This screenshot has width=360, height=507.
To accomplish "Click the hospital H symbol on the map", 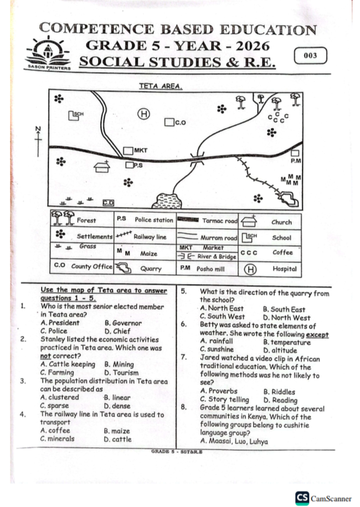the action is pyautogui.click(x=143, y=114).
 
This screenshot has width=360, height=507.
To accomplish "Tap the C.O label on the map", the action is pyautogui.click(x=181, y=122).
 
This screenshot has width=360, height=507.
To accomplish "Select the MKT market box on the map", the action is pyautogui.click(x=128, y=151).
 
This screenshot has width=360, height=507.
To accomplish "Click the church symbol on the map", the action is pyautogui.click(x=102, y=167).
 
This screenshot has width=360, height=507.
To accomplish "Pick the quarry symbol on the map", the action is pyautogui.click(x=289, y=199).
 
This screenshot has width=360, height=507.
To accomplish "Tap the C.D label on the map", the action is pyautogui.click(x=109, y=203).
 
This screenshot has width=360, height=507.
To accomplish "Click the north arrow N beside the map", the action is pyautogui.click(x=38, y=141).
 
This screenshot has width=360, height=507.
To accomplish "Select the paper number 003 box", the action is pyautogui.click(x=311, y=55).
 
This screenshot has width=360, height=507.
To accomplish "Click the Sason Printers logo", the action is pyautogui.click(x=49, y=53).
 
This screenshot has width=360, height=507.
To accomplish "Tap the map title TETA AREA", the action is pyautogui.click(x=161, y=86).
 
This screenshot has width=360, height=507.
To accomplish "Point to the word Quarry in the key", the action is pyautogui.click(x=151, y=268).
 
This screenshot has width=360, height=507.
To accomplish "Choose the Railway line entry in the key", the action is pyautogui.click(x=150, y=237).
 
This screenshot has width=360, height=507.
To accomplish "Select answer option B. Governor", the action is pyautogui.click(x=124, y=323).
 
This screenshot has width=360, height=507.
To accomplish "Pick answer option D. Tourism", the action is pyautogui.click(x=121, y=373).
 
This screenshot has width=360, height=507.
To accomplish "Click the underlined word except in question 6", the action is pyautogui.click(x=317, y=335).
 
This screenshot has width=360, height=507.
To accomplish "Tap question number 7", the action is pyautogui.click(x=184, y=358).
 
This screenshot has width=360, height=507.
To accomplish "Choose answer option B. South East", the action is pyautogui.click(x=284, y=309).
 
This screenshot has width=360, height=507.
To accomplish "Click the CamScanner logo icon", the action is pyautogui.click(x=302, y=498).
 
